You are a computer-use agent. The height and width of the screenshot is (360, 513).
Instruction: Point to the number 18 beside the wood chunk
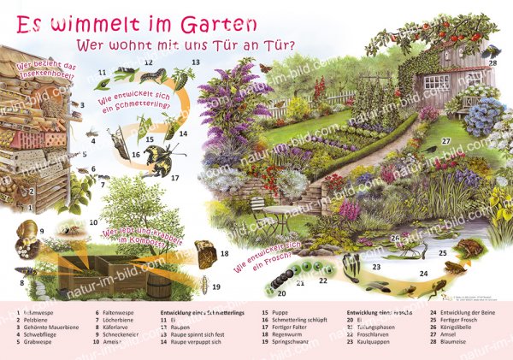click(x=224, y=254)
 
